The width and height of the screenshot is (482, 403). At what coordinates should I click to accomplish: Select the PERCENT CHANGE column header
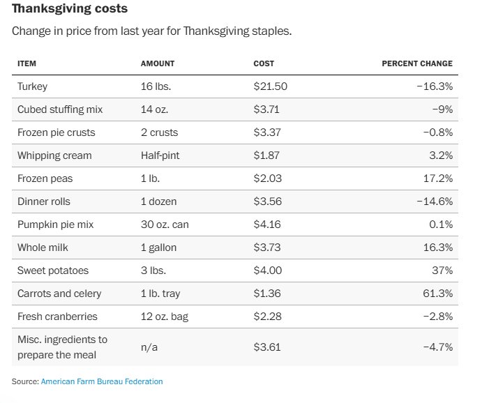pos(416,63)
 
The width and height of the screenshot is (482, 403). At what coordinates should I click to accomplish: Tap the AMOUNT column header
pos(158,63)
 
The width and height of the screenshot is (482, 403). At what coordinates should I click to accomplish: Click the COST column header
pos(264,63)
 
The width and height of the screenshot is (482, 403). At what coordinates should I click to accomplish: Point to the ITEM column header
pos(27,63)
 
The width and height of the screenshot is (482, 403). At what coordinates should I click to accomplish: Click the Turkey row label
pos(32,86)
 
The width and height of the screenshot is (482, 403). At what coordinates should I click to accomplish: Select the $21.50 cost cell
pos(270,86)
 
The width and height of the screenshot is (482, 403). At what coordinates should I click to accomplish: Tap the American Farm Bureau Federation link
pos(101,381)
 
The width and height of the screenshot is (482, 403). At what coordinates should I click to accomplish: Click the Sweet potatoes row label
pos(53,271)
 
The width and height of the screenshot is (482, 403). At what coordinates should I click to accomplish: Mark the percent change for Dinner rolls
pos(435,201)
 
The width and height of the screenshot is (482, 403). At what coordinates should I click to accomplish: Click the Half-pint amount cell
pos(160,155)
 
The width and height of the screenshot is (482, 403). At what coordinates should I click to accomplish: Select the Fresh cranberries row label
pos(57,317)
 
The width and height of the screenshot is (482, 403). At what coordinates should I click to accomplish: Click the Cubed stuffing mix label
pos(59,109)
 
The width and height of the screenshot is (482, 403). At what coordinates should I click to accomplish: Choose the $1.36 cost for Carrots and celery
pos(267,294)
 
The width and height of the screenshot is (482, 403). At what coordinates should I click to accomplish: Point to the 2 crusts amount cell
pos(159,132)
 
